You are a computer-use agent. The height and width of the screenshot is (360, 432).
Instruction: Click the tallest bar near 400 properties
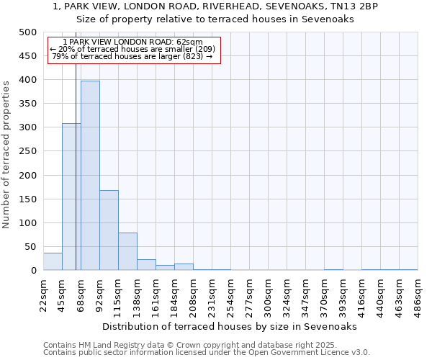pos(90,176)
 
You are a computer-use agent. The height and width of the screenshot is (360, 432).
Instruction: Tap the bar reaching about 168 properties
pos(109,230)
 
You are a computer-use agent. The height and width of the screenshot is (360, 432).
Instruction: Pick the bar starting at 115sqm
pos(127,251)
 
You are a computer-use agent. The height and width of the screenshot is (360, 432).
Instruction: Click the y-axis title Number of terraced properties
pos(7,154)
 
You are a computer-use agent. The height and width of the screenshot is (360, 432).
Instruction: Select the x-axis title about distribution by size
pos(230,326)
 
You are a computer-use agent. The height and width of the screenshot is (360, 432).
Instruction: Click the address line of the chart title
pos(215,6)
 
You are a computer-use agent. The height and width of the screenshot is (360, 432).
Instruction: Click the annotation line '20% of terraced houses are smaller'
pos(132,49)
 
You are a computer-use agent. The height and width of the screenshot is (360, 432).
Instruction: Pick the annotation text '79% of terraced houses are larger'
pos(132,56)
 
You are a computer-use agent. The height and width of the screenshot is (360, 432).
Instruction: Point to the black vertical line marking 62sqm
pos(76,180)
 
